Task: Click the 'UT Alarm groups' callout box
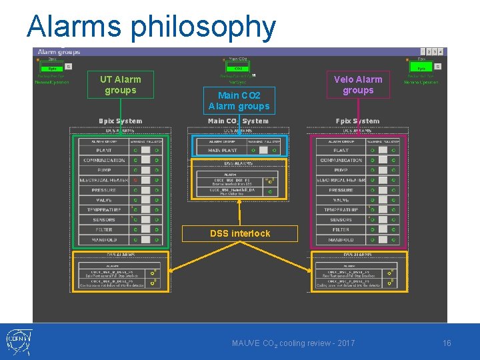click(x=121, y=85)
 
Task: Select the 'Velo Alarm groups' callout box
click(x=358, y=85)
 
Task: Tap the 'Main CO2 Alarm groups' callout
click(x=239, y=101)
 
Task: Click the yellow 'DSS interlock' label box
click(x=240, y=233)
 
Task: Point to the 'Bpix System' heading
click(x=120, y=121)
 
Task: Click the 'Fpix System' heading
click(x=359, y=121)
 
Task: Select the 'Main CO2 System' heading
click(x=238, y=121)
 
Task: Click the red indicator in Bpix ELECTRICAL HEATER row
click(x=135, y=180)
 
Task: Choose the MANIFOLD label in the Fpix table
click(x=341, y=239)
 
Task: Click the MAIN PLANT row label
click(x=222, y=150)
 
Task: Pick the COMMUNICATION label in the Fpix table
click(x=341, y=160)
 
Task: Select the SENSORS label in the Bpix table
click(x=104, y=219)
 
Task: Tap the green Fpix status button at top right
click(x=421, y=67)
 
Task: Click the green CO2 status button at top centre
click(x=238, y=68)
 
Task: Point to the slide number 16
click(x=447, y=343)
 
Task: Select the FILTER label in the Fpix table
click(x=341, y=229)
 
